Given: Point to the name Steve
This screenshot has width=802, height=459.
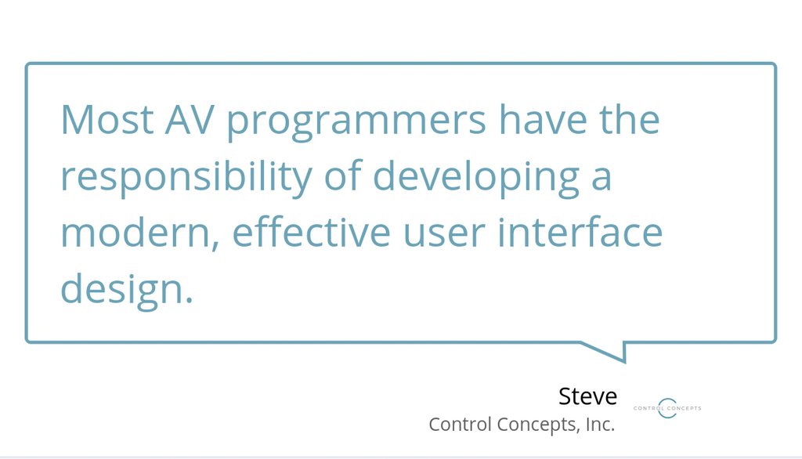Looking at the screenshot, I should [587, 396].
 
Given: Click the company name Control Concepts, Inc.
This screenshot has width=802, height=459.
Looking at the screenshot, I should [522, 425].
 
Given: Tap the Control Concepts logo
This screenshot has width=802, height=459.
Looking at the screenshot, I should [667, 407].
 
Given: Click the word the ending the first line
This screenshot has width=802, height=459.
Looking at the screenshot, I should [630, 121].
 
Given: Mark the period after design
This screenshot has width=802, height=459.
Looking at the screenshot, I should [188, 301].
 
